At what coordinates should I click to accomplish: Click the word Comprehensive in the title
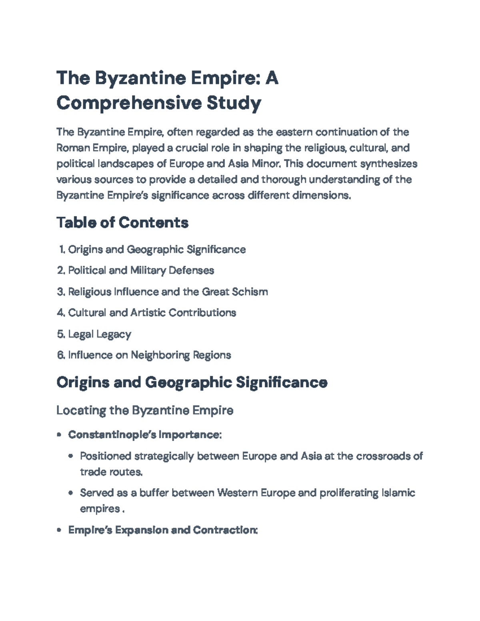point(129,103)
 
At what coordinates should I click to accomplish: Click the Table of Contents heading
point(122,222)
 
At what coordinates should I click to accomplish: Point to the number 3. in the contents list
point(61,292)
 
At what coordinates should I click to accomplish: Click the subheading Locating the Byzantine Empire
point(145,410)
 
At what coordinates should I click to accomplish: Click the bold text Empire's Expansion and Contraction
point(162,530)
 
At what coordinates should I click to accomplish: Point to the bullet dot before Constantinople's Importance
point(59,435)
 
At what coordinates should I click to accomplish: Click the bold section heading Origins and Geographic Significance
point(192,383)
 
